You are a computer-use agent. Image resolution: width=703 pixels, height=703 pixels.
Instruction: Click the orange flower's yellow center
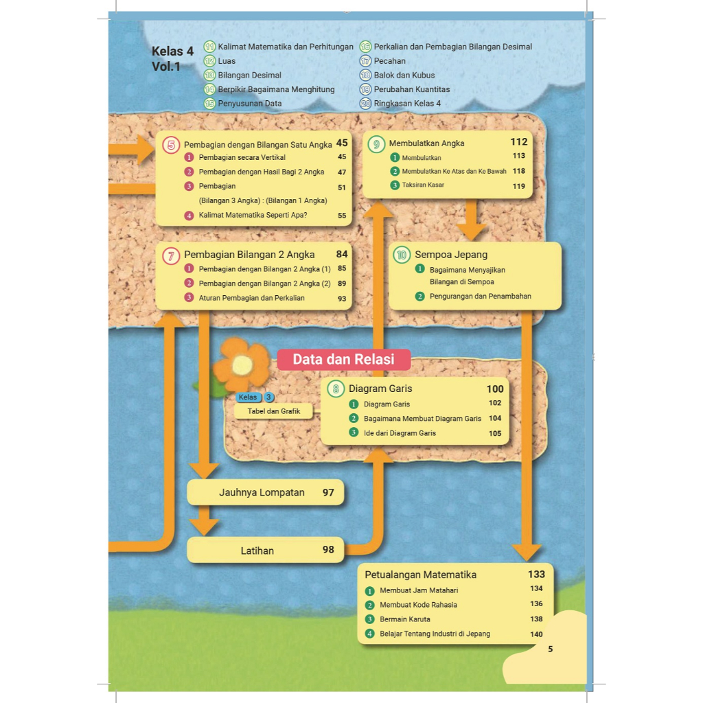(242, 364)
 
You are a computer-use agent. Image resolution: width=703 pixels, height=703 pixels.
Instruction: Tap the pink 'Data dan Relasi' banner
(343, 360)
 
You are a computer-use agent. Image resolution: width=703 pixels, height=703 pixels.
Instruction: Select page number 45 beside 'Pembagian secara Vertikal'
(342, 157)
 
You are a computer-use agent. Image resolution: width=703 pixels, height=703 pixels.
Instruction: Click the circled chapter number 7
(171, 255)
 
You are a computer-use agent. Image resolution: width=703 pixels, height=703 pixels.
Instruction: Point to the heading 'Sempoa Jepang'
(451, 255)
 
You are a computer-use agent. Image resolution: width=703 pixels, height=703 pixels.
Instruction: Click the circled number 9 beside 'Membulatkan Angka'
(376, 144)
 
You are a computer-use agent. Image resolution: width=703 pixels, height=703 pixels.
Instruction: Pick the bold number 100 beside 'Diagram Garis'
(495, 389)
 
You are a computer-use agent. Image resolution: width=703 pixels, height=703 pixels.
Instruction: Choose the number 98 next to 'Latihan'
(328, 550)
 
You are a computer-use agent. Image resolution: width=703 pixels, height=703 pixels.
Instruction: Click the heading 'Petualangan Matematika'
(421, 575)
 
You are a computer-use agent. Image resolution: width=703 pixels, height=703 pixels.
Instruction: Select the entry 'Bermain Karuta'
(405, 619)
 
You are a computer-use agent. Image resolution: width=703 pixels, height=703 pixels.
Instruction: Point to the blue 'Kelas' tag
(247, 397)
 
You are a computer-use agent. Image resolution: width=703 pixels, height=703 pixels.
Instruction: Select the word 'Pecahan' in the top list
(390, 61)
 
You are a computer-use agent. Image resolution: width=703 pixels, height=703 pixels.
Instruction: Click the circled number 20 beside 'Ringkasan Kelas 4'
(365, 104)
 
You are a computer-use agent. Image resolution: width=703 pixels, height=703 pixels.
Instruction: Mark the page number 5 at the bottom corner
(551, 649)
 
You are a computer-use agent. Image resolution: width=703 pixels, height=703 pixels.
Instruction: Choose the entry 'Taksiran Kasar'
(423, 185)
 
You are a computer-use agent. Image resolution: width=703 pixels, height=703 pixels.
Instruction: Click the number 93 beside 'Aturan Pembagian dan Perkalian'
(342, 299)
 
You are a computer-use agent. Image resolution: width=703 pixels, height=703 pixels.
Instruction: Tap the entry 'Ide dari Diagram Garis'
(400, 433)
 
